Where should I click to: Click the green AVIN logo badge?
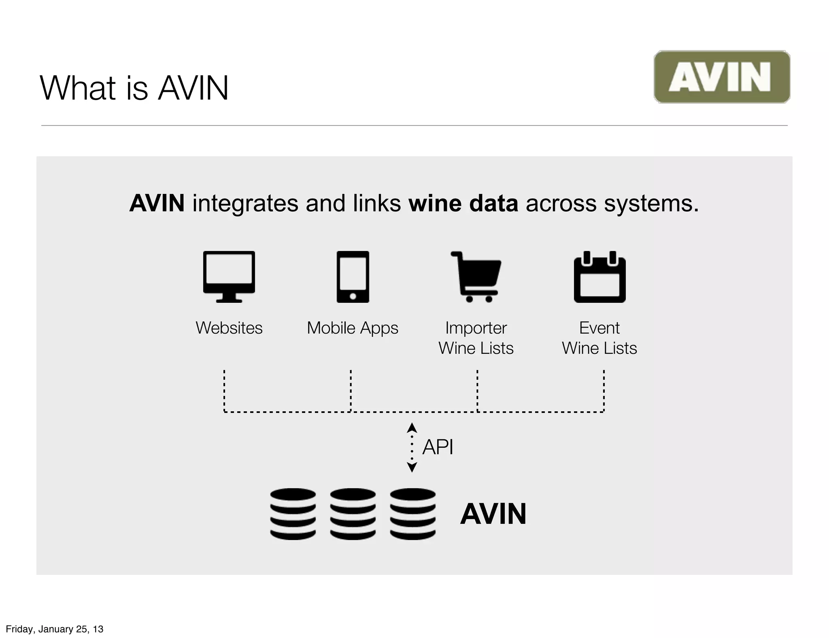[721, 77]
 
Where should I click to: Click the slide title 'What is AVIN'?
[134, 88]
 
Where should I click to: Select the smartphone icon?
[353, 276]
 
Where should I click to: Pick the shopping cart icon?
[476, 276]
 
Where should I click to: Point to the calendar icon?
[599, 277]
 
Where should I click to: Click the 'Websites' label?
[229, 328]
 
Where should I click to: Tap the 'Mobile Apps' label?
[353, 328]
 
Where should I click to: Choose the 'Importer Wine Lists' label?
[476, 338]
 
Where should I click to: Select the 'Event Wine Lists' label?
[599, 338]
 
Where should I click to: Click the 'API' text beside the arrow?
[438, 447]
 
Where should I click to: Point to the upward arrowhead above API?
[412, 427]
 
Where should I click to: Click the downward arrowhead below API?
[412, 468]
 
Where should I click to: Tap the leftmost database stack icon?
[293, 514]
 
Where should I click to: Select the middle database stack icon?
[353, 514]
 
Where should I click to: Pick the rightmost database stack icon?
[412, 514]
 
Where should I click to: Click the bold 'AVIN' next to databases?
[493, 514]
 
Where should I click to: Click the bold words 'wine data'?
[463, 203]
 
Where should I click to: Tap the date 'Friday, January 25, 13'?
[55, 629]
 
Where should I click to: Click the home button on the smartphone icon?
[353, 296]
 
